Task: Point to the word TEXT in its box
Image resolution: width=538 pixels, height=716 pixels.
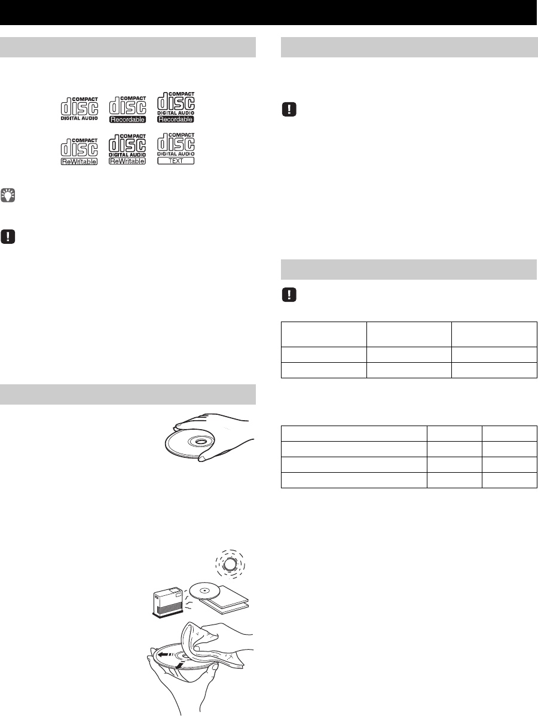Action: point(175,161)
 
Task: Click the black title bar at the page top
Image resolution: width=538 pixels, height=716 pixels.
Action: point(269,13)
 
